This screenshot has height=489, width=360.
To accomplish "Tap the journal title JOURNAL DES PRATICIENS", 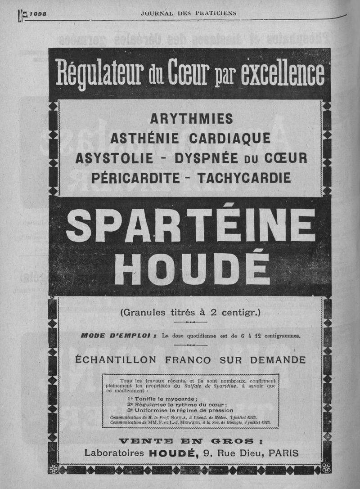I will point(189,13).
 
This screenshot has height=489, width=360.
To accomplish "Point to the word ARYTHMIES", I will point(192,119).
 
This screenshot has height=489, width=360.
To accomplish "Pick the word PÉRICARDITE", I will point(135,178).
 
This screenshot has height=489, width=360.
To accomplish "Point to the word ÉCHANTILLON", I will point(117,360).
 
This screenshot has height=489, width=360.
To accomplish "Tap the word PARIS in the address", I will point(283,453).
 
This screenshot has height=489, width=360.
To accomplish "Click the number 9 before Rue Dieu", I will point(207,453).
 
